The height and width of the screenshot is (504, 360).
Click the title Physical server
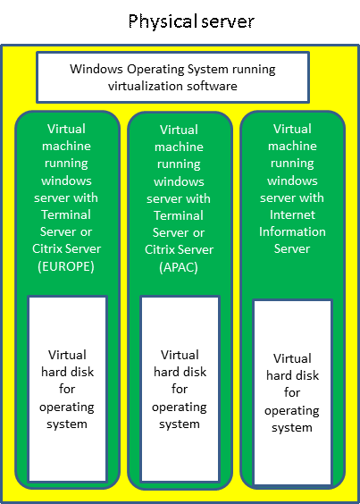tap(191, 21)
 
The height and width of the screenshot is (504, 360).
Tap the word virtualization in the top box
tap(147, 86)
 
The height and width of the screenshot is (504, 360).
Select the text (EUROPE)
tap(66, 267)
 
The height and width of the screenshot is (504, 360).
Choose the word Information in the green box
tap(292, 231)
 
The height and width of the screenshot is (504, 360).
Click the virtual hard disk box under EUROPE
tap(67, 389)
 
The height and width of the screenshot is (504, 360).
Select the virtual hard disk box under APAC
tap(180, 389)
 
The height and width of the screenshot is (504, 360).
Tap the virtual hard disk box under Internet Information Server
tap(292, 392)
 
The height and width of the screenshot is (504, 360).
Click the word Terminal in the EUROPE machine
tap(66, 214)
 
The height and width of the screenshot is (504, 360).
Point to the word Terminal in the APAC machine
tap(179, 215)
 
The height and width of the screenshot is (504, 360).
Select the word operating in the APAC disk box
tap(180, 407)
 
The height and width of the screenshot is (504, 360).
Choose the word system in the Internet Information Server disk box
tap(292, 428)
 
